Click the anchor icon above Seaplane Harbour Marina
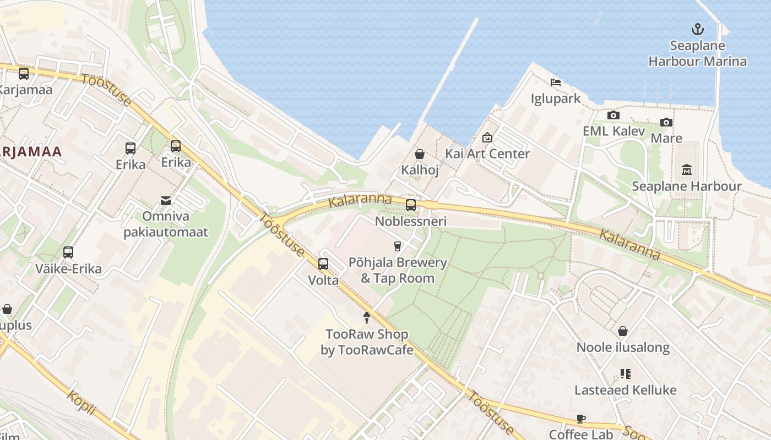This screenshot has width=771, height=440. (697, 29)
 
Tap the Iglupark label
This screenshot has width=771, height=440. (556, 98)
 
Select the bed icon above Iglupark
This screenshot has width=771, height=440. (556, 82)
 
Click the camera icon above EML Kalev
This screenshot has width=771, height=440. (613, 115)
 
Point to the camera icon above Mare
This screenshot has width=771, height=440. (666, 122)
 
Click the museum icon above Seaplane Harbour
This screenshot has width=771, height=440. (686, 169)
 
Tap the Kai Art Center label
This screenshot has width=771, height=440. (487, 153)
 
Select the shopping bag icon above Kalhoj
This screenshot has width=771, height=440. (420, 154)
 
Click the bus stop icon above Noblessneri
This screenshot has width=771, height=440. (411, 205)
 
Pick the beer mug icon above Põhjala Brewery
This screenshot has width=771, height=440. (398, 246)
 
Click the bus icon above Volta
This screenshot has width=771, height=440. (323, 264)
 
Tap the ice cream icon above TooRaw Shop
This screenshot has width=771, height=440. (367, 317)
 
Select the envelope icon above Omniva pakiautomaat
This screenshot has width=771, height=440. (166, 200)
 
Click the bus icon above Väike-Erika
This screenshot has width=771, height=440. (68, 252)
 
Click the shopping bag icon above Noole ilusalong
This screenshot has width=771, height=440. (623, 331)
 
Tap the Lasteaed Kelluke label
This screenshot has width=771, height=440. (626, 390)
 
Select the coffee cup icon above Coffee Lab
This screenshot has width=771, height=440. (581, 419)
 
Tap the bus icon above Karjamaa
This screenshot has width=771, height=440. (23, 73)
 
